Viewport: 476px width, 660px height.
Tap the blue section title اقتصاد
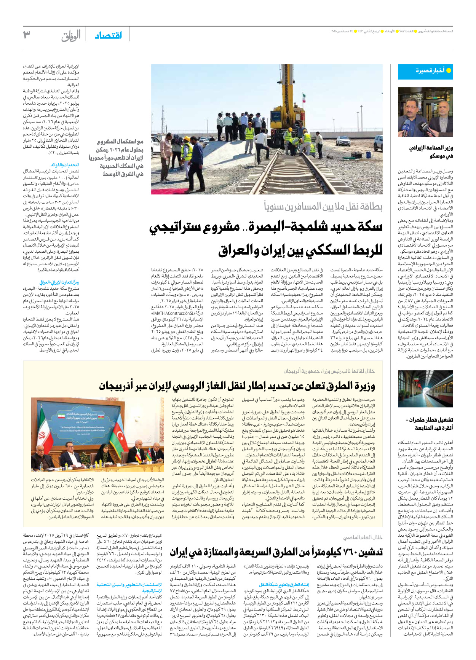[108, 35]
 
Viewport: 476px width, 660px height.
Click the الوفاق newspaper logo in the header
[71, 36]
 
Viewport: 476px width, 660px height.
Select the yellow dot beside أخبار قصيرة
[449, 71]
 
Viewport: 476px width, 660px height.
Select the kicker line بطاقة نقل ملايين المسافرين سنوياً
[323, 207]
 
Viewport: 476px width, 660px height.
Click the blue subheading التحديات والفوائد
[65, 165]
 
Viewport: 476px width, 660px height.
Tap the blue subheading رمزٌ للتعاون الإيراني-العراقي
[59, 282]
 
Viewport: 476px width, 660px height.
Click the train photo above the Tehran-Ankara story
[425, 389]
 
